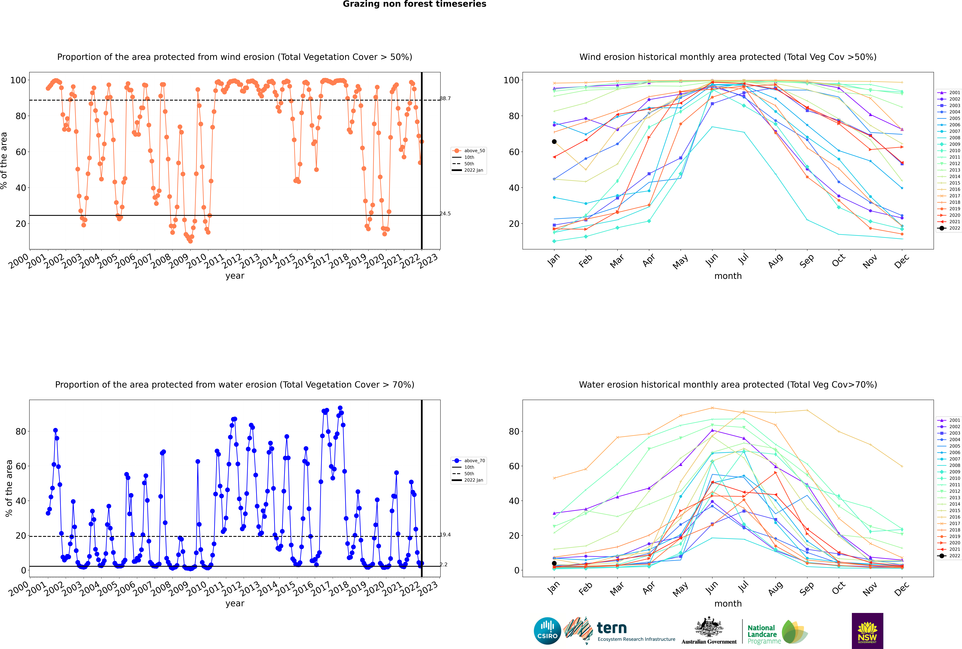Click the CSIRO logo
547,631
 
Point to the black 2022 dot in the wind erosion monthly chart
554,142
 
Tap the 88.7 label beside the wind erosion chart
445,99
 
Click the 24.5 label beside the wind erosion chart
445,214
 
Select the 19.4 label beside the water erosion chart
445,535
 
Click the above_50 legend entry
469,151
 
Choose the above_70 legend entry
469,461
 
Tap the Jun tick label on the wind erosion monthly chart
711,260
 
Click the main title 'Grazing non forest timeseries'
414,4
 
